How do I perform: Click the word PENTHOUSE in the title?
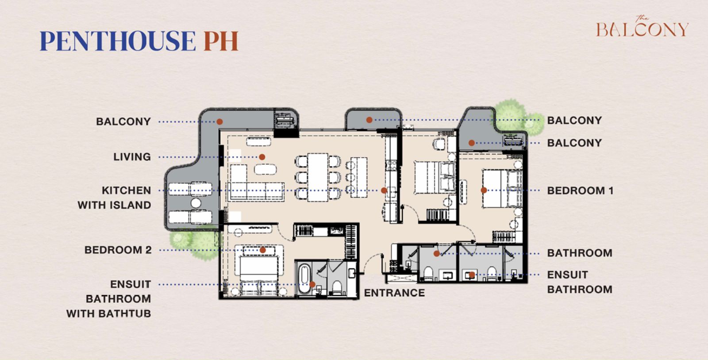pos(118,41)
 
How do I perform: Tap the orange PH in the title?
pos(221,41)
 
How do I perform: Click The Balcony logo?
pos(642,27)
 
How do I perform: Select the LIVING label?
pos(132,157)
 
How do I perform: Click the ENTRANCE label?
pos(394,293)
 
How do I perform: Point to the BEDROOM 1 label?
pos(580,190)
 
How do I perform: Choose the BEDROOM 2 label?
pos(118,250)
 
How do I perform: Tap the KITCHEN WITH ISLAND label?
pos(115,198)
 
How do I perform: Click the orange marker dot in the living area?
pos(262,157)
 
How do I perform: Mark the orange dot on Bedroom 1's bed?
pos(484,190)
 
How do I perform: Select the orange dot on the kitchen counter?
pos(384,190)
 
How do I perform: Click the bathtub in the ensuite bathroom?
pos(304,279)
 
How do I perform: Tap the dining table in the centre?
pos(318,177)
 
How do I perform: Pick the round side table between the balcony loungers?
pos(196,203)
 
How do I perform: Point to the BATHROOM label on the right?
pos(580,253)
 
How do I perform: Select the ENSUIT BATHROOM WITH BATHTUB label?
pos(108,298)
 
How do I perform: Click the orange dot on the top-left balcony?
pos(219,121)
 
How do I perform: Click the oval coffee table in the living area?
pos(265,169)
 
